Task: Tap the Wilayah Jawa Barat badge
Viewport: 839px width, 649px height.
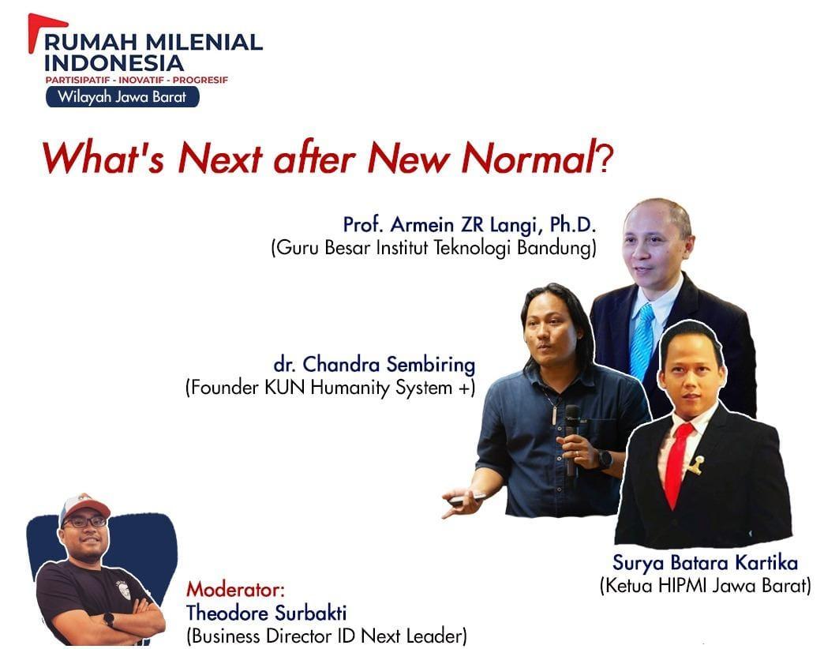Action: tap(122, 97)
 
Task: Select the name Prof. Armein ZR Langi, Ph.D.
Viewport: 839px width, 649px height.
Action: tap(470, 225)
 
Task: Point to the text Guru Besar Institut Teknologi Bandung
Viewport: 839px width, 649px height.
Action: tap(433, 248)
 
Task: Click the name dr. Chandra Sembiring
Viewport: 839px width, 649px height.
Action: tap(374, 365)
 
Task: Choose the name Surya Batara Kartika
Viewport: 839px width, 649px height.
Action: tap(705, 563)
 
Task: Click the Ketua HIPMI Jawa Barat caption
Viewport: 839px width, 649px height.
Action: tap(705, 586)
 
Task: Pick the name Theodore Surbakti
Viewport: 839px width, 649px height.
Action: tap(266, 612)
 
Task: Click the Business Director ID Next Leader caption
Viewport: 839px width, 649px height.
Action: tap(326, 634)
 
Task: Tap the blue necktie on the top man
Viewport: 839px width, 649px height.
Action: tap(642, 340)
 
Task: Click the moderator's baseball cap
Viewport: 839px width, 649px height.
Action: tap(82, 506)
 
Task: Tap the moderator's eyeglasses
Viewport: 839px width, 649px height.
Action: tap(85, 522)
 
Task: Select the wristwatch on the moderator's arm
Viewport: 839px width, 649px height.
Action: tap(108, 619)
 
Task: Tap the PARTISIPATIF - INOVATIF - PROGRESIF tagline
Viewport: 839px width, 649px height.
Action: tap(137, 80)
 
